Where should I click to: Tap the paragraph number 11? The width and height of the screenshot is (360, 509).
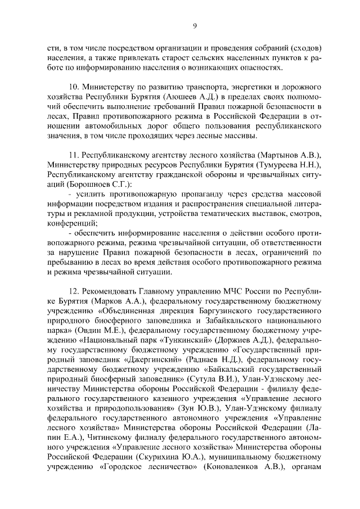coord(74,155)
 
